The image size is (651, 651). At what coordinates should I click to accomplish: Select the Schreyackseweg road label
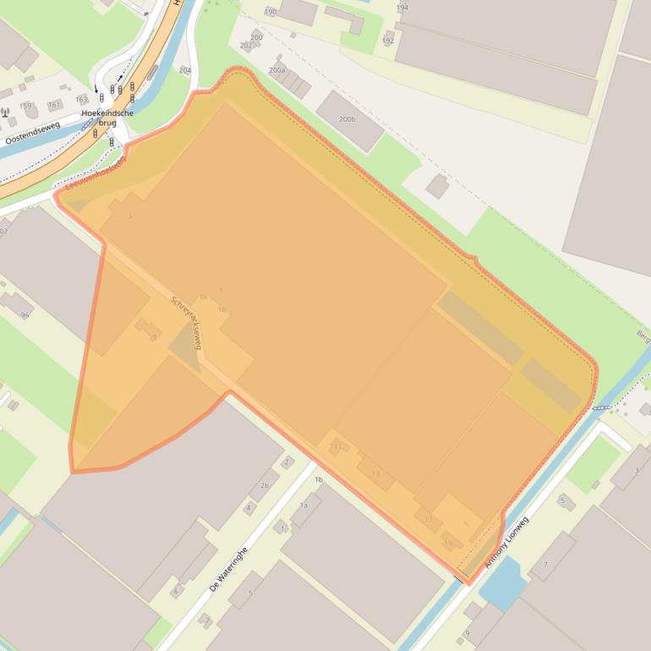[x=186, y=322]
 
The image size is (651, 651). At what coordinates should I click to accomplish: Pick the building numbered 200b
[x=347, y=119]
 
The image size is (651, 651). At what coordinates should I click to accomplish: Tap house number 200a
[x=276, y=70]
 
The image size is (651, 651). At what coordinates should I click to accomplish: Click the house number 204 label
[x=185, y=70]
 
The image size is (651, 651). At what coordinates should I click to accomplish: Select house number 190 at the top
[x=271, y=12]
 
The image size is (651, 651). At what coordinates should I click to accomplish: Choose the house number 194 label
[x=402, y=8]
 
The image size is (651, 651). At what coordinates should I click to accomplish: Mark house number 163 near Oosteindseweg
[x=81, y=100]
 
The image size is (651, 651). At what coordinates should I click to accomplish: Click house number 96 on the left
[x=25, y=315]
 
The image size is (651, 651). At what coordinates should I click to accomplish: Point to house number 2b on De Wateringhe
[x=264, y=485]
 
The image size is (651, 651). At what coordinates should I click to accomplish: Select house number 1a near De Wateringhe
[x=304, y=505]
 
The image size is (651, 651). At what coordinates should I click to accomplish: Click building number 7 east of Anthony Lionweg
[x=545, y=564]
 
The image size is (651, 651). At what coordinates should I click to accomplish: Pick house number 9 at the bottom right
[x=467, y=633]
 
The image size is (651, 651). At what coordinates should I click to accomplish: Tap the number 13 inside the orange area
[x=375, y=473]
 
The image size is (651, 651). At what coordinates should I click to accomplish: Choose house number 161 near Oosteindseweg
[x=54, y=105]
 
